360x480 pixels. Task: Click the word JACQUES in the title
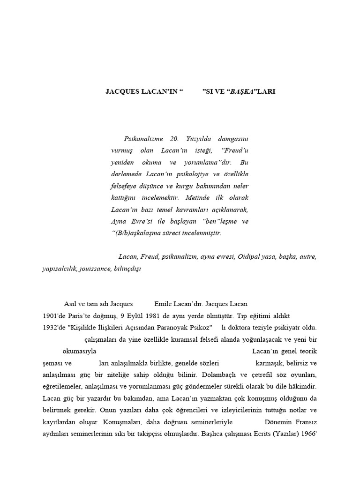121,91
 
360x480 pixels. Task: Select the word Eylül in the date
136,315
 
